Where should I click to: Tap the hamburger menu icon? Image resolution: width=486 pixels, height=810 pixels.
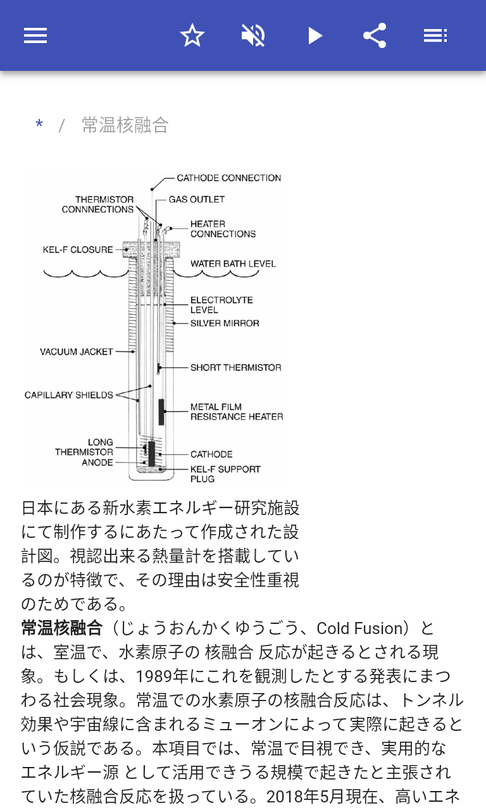(35, 35)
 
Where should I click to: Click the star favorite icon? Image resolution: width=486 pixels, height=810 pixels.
(192, 35)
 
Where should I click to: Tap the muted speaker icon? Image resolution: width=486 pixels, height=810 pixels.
(253, 35)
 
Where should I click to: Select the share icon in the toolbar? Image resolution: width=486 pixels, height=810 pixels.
(375, 35)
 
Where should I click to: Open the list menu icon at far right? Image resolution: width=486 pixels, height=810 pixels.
(435, 35)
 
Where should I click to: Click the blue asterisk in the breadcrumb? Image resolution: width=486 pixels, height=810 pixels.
(39, 125)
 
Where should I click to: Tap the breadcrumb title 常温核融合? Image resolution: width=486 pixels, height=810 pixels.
(125, 125)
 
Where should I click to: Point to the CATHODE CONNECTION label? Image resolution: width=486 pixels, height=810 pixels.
(228, 178)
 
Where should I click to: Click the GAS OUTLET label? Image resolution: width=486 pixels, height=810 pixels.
(196, 199)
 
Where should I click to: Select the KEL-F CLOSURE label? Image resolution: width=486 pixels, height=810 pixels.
(78, 250)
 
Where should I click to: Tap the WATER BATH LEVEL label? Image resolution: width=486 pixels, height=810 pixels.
(233, 264)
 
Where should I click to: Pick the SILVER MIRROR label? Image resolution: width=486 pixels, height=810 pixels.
(225, 323)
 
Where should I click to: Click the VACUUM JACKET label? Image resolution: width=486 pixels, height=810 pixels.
(77, 352)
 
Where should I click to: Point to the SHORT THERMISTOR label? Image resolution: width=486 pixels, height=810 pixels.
(235, 368)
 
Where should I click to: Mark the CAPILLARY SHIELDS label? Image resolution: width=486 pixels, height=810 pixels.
(68, 396)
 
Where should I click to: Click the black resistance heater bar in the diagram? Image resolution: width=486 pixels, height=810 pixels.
(162, 412)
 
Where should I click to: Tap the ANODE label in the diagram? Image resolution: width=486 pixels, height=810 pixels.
(97, 463)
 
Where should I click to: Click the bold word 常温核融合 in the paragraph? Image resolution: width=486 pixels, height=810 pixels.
(62, 628)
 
